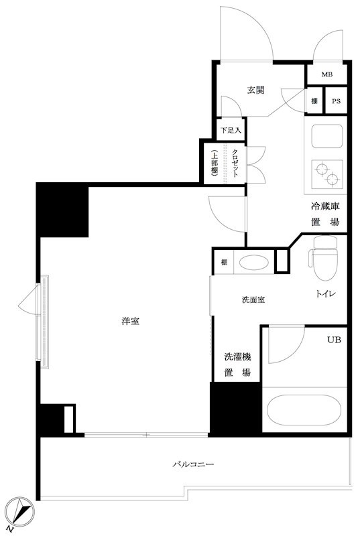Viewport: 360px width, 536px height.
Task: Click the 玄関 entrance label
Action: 255,90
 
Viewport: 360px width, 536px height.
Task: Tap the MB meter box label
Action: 326,74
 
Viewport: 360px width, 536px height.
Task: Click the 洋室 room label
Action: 131,322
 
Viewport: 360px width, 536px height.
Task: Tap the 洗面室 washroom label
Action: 253,299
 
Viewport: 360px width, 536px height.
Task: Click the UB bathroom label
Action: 333,340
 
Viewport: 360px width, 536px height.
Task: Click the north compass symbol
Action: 20,512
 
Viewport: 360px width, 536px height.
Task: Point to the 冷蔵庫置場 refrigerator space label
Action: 324,214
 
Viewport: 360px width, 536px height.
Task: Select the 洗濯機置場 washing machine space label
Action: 237,365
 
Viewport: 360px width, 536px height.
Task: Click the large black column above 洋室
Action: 62,209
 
